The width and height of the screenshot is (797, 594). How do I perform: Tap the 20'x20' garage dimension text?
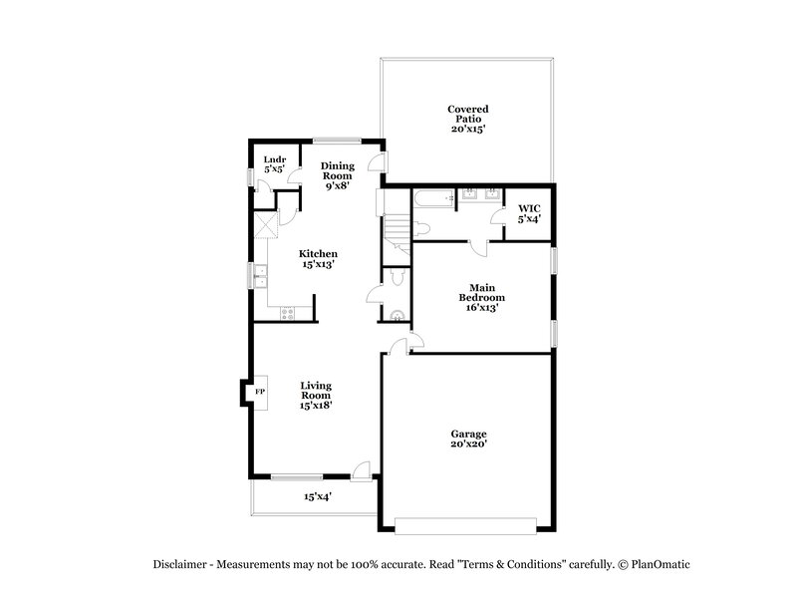(467, 445)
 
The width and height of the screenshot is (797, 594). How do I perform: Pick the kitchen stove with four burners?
(289, 313)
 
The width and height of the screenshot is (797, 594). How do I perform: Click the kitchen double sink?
(259, 276)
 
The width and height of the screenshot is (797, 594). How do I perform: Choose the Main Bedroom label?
(481, 297)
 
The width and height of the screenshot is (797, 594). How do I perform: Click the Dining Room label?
(337, 174)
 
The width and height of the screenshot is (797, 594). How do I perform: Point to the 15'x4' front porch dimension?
(318, 496)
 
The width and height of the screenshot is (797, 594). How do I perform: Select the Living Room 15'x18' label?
(317, 395)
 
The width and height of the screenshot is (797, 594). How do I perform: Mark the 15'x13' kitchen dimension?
(319, 265)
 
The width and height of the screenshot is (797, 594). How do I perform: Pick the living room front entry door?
(361, 469)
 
